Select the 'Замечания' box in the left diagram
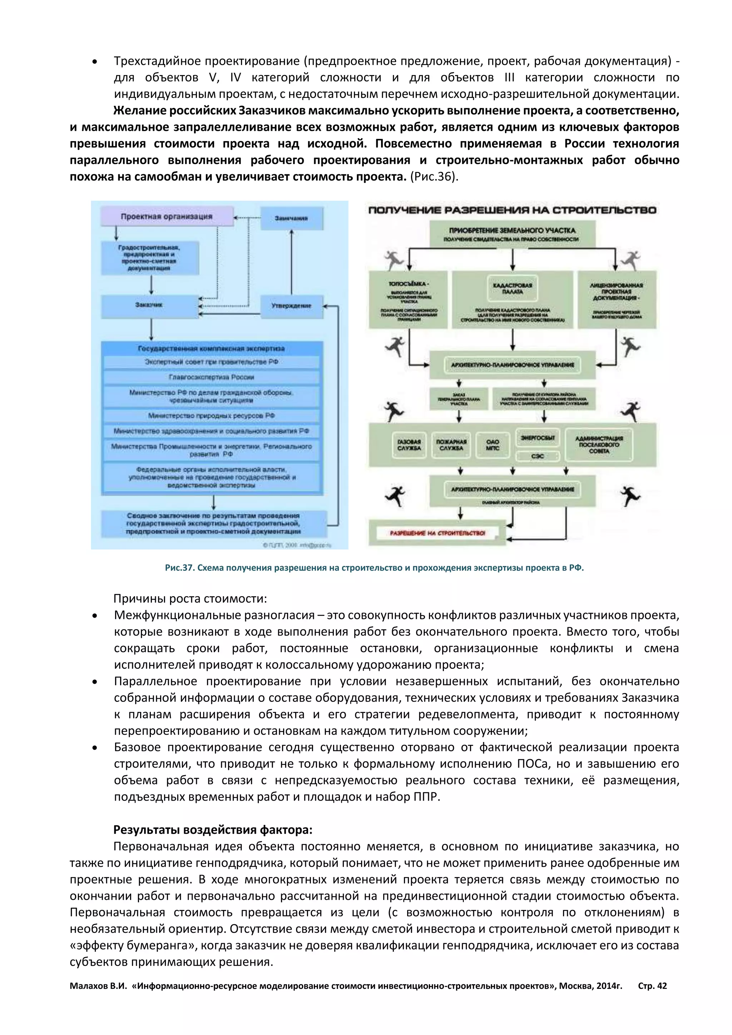pyautogui.click(x=292, y=218)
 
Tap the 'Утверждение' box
pyautogui.click(x=292, y=306)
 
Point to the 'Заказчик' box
pyautogui.click(x=149, y=306)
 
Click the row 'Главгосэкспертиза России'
pyautogui.click(x=211, y=377)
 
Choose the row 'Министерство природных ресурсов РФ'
pyautogui.click(x=211, y=416)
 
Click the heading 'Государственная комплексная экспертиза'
pyautogui.click(x=211, y=348)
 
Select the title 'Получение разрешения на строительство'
pyautogui.click(x=512, y=210)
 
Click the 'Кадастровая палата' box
pyautogui.click(x=512, y=288)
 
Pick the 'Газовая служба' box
pyautogui.click(x=409, y=445)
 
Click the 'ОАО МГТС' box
pyautogui.click(x=493, y=445)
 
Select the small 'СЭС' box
pyautogui.click(x=537, y=456)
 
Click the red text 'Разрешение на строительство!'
pyautogui.click(x=437, y=533)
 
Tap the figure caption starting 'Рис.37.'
pyautogui.click(x=374, y=568)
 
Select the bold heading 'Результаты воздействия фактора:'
pyautogui.click(x=213, y=830)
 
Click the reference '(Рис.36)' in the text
pyautogui.click(x=434, y=177)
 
